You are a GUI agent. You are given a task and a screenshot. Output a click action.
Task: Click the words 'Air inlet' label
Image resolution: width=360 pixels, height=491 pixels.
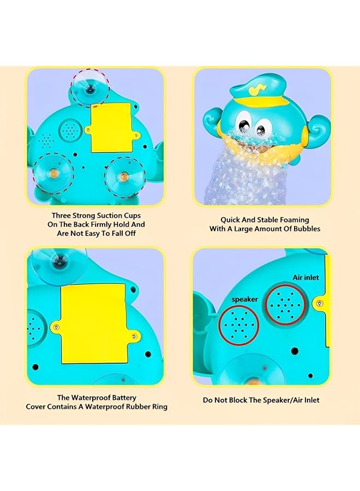pos(305,278)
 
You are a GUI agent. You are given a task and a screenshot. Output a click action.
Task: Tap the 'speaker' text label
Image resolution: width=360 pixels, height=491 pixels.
pos(244,300)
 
